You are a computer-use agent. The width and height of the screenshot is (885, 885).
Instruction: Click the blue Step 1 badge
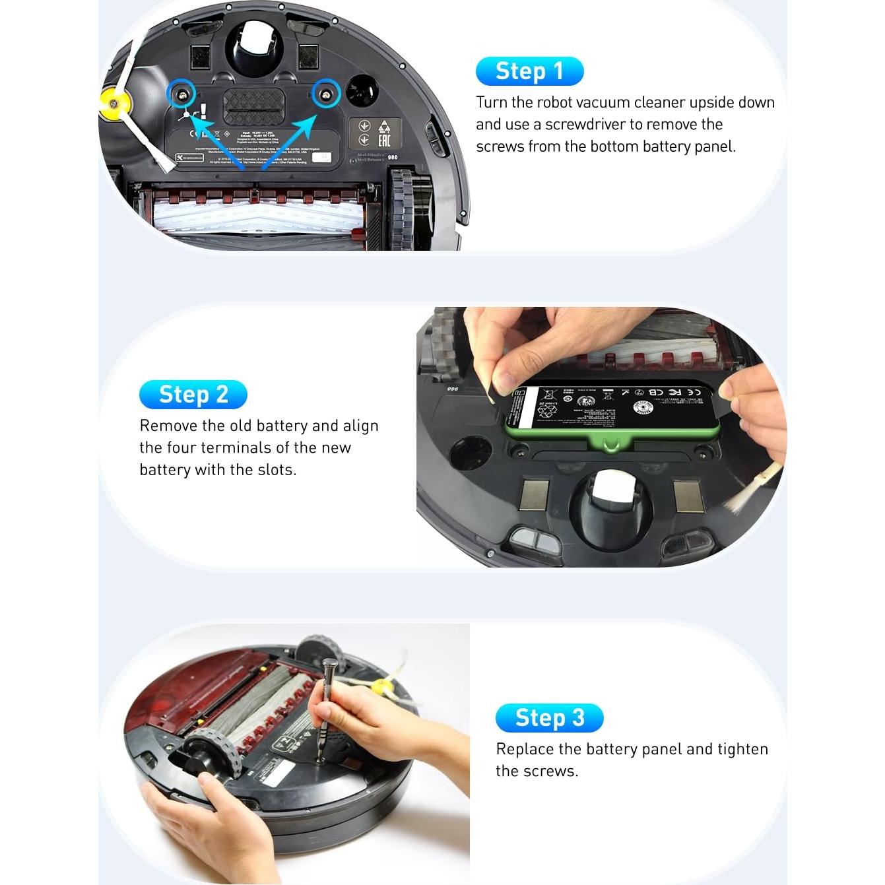529,71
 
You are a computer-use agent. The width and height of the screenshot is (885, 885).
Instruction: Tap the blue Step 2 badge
193,395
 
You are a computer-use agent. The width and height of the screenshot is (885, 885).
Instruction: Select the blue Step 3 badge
549,718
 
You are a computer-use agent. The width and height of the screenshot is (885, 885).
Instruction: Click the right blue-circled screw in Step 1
325,94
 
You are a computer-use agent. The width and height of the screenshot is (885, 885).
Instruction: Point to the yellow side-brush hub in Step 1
114,104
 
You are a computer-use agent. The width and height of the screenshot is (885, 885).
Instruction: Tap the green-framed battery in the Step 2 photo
610,411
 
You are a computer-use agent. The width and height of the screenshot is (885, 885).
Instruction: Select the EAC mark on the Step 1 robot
384,140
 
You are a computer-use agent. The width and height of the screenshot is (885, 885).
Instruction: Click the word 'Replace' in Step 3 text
525,749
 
